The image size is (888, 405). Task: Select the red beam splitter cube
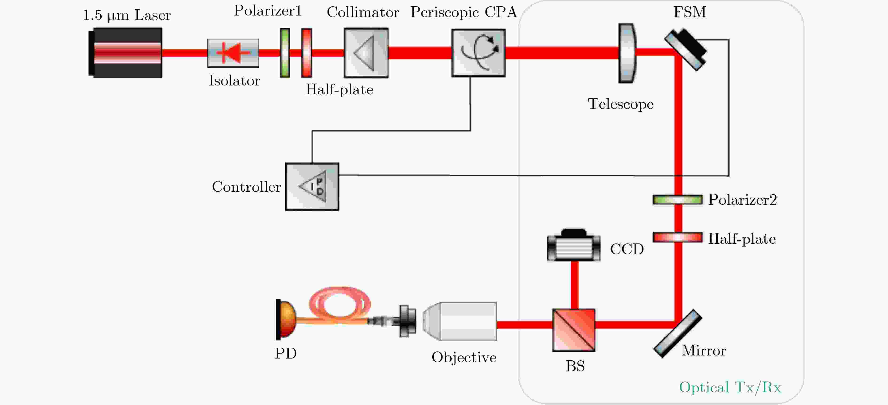point(574,330)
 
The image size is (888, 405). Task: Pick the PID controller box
point(312,187)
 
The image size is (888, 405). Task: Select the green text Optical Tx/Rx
point(730,387)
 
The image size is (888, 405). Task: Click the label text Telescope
point(620,104)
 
